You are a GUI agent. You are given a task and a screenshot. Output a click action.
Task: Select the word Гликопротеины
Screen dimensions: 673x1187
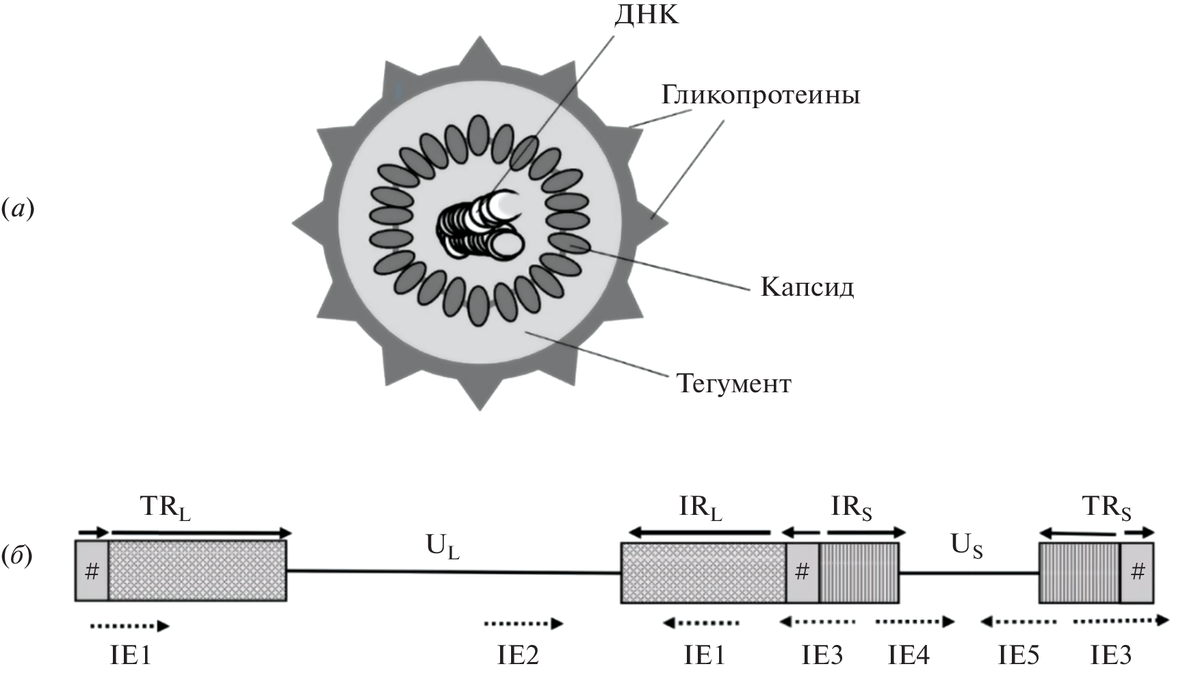pos(760,95)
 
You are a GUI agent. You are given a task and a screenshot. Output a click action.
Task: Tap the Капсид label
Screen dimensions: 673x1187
pos(807,287)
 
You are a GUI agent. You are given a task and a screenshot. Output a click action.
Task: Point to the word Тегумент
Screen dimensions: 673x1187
pos(733,383)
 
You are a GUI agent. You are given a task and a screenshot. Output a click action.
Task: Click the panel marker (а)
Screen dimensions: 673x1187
pos(18,208)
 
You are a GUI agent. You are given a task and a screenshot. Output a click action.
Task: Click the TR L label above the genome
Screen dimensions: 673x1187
pos(165,508)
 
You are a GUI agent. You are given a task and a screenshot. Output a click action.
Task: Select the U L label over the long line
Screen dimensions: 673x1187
pos(442,547)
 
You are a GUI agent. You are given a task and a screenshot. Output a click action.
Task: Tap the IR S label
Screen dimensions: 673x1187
pos(851,508)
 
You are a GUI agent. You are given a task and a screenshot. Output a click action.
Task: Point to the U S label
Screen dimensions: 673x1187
pos(966,546)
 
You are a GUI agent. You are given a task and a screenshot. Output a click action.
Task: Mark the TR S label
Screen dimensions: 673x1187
pos(1106,508)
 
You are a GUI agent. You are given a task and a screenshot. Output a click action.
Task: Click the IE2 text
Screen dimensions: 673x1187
pos(517,656)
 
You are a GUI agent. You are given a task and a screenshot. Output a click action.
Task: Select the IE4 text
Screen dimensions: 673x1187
pos(909,656)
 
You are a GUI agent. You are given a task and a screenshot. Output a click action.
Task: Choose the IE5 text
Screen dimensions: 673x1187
pos(1018,656)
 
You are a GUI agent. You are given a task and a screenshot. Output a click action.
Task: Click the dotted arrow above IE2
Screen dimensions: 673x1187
pos(523,624)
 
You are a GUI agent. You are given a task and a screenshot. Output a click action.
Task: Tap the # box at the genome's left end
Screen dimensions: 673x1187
pos(92,572)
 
